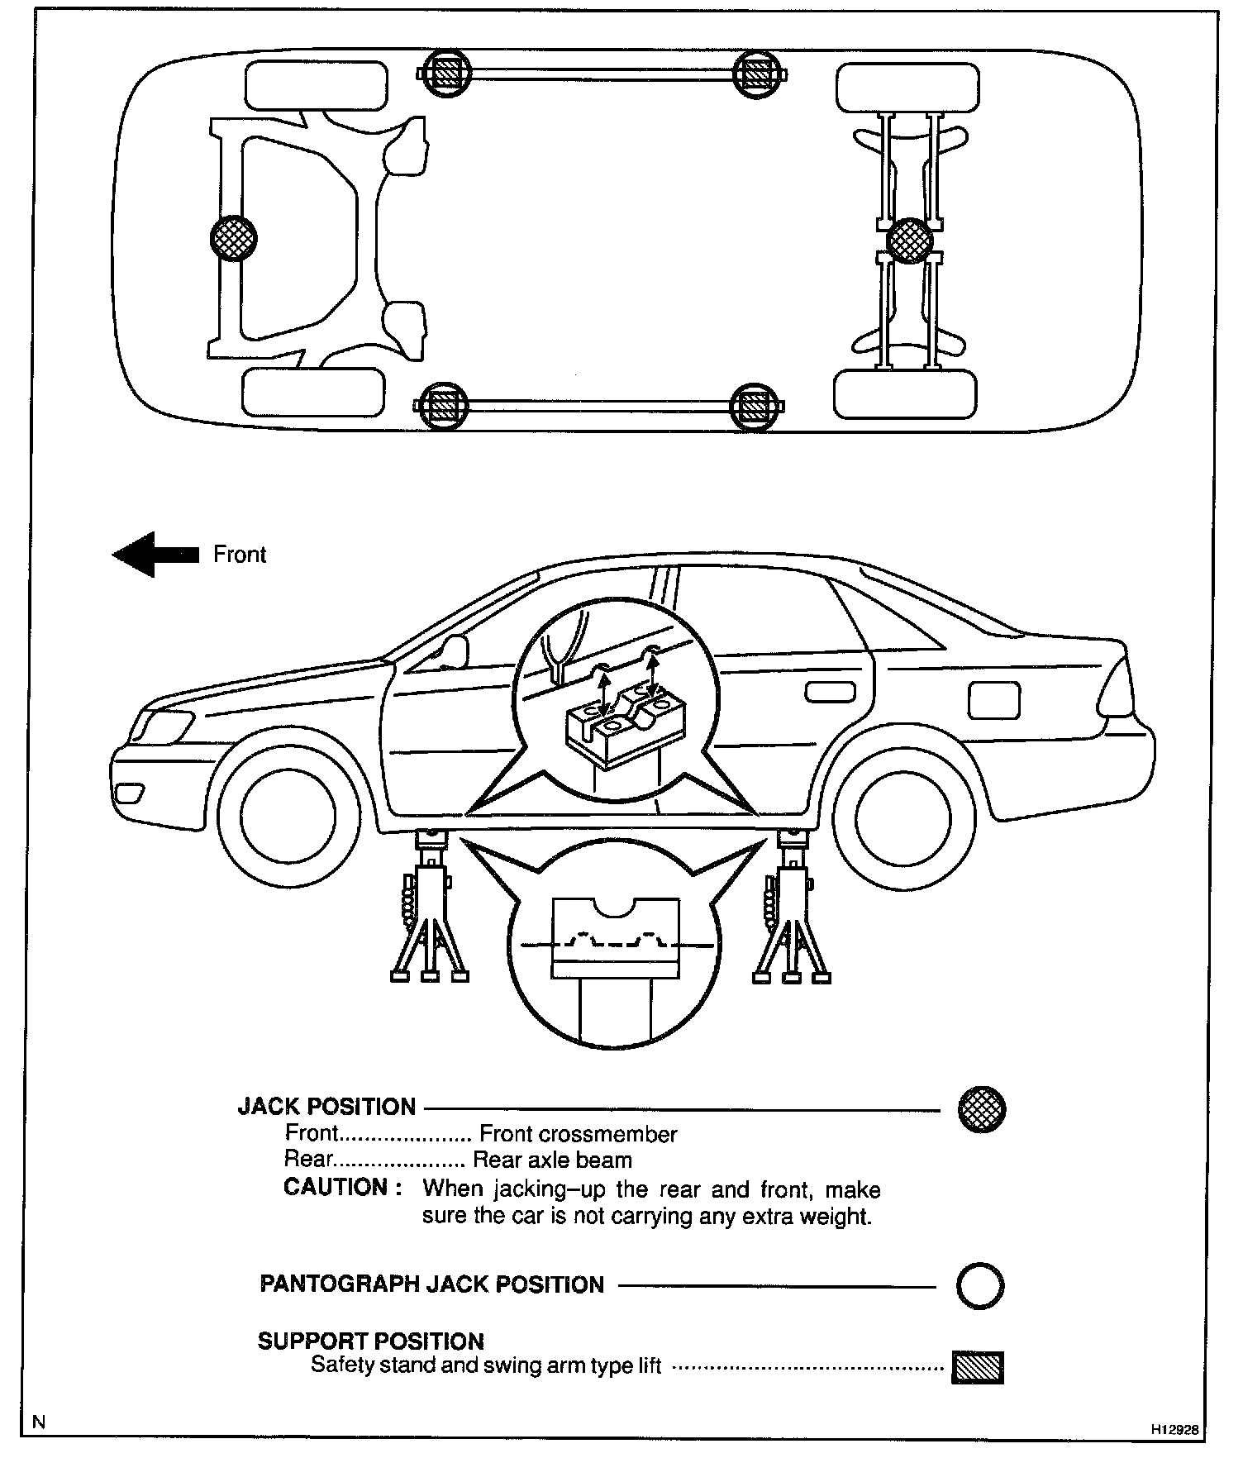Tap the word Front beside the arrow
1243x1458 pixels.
coord(240,554)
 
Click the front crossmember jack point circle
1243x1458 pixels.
coord(233,239)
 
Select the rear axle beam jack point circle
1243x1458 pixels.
coord(909,241)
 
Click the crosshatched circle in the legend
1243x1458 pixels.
coord(981,1109)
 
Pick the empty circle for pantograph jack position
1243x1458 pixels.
coord(980,1286)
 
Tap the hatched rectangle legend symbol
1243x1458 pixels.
coord(978,1366)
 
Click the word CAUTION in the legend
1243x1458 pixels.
coord(335,1188)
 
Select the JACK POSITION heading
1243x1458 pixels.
coord(326,1107)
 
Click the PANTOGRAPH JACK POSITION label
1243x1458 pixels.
coord(431,1284)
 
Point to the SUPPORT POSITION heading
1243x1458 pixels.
coord(370,1341)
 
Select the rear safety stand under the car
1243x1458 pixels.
coord(792,909)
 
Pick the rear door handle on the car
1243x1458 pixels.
coord(830,692)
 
